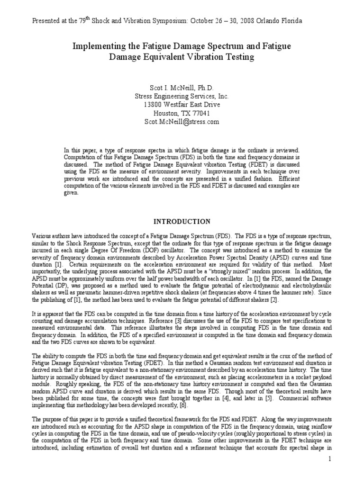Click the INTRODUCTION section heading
[182, 221]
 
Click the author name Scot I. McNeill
[182, 88]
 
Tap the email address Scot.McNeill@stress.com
[182, 122]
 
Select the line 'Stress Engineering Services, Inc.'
[182, 96]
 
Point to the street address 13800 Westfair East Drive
[182, 105]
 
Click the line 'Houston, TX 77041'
[182, 113]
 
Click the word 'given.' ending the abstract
[71, 199]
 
